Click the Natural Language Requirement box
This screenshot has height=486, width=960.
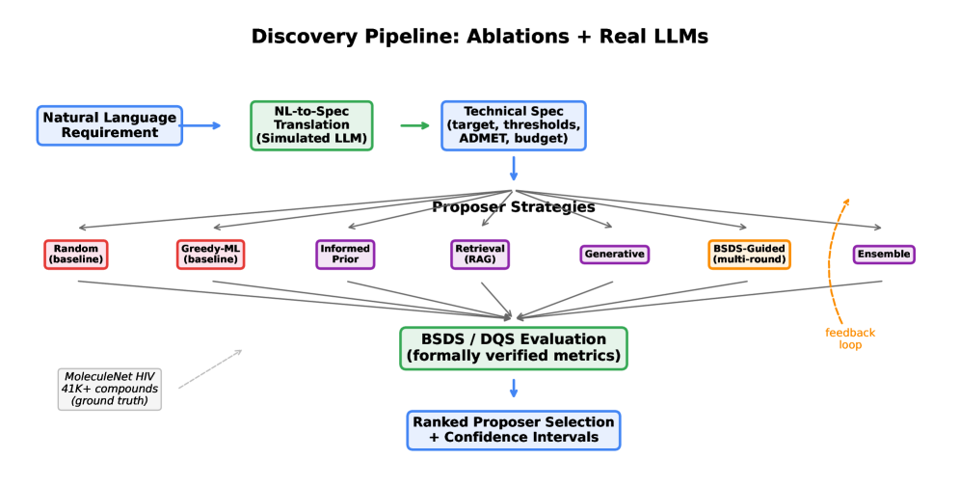click(x=110, y=125)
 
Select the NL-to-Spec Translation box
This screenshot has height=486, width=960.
click(x=311, y=125)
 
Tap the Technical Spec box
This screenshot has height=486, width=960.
click(x=514, y=125)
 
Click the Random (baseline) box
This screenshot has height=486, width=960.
click(x=76, y=255)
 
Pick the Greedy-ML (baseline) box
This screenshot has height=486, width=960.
click(x=210, y=255)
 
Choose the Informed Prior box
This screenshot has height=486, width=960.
click(x=345, y=255)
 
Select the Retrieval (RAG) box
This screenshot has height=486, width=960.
click(x=479, y=255)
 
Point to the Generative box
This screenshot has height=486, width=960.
click(x=614, y=255)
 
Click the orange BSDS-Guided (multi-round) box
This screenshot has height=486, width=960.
click(x=749, y=255)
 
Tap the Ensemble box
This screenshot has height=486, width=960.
click(x=884, y=255)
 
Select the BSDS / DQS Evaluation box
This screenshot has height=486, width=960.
click(x=514, y=348)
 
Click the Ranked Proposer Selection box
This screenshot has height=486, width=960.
click(x=514, y=430)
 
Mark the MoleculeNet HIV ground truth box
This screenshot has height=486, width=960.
click(x=110, y=389)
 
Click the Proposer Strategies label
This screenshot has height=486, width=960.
click(x=514, y=207)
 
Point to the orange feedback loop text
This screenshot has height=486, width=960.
click(x=850, y=338)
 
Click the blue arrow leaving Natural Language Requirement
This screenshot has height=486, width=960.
click(x=200, y=125)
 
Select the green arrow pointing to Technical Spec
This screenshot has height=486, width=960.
click(x=415, y=125)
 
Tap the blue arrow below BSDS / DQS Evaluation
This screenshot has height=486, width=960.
click(x=514, y=388)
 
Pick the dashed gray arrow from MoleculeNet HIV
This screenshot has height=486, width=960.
click(x=210, y=369)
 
